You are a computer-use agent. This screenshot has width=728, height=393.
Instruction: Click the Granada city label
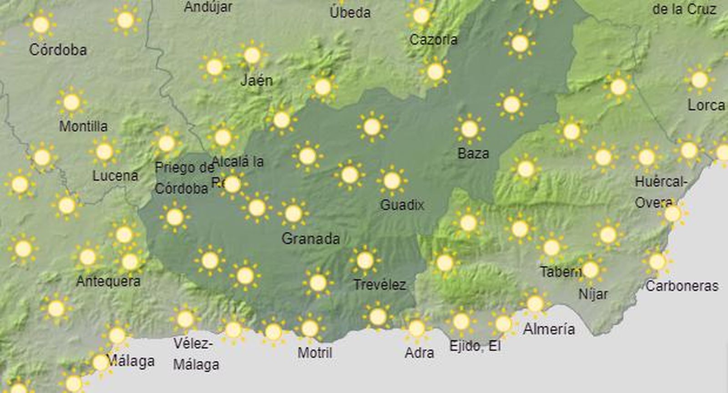(310, 239)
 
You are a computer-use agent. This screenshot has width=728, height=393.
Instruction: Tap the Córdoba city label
(58, 50)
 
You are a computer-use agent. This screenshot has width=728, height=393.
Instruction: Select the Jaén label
(257, 81)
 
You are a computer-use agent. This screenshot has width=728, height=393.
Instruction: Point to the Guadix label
(402, 205)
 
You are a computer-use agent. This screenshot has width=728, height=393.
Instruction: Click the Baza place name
(473, 154)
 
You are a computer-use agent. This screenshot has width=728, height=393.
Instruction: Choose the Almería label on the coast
(549, 328)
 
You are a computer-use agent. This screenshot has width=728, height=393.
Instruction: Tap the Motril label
(315, 353)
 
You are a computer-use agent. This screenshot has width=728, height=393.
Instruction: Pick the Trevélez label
(379, 285)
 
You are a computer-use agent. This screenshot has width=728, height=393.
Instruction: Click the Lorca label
(706, 105)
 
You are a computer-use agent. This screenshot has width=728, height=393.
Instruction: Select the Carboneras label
(682, 286)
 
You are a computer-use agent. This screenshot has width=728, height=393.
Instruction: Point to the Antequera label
(108, 281)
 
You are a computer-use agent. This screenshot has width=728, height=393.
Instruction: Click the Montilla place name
(83, 126)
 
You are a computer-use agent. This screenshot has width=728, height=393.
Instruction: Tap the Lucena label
(115, 176)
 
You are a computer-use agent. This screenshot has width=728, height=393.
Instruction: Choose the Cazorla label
(433, 40)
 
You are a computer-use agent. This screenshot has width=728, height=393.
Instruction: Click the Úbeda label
(350, 12)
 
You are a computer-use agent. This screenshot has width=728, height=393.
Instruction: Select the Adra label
(419, 353)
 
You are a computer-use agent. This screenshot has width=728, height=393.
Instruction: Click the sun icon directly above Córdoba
(41, 25)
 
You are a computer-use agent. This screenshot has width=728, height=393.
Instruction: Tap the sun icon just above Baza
(470, 129)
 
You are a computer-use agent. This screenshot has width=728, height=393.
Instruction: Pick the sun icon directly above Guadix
(392, 181)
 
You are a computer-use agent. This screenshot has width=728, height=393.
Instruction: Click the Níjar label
(593, 294)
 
